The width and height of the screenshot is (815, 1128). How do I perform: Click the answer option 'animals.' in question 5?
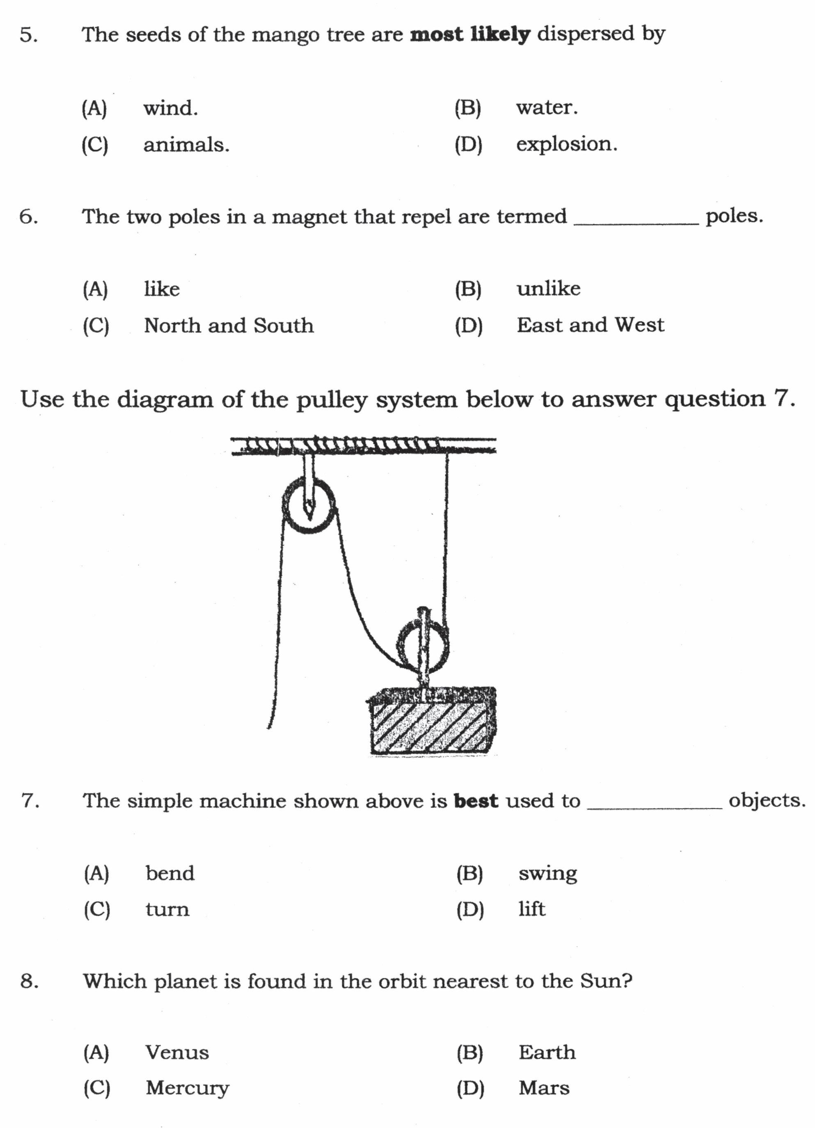click(186, 145)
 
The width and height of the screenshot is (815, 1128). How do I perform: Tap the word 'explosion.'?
click(566, 144)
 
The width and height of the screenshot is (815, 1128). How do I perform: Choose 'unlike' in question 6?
click(548, 289)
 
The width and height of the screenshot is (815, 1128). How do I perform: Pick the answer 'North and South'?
click(229, 326)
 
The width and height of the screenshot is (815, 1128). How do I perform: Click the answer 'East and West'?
click(590, 325)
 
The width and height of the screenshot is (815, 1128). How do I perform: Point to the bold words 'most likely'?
click(470, 34)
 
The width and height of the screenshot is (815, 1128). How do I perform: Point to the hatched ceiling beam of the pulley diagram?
click(363, 445)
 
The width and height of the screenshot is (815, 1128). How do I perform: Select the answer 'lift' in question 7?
click(531, 909)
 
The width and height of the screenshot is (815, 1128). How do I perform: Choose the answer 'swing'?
click(547, 874)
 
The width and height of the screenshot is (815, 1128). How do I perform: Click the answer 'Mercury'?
click(187, 1088)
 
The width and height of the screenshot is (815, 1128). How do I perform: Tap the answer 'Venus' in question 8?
click(177, 1052)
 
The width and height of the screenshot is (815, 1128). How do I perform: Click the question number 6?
click(28, 217)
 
